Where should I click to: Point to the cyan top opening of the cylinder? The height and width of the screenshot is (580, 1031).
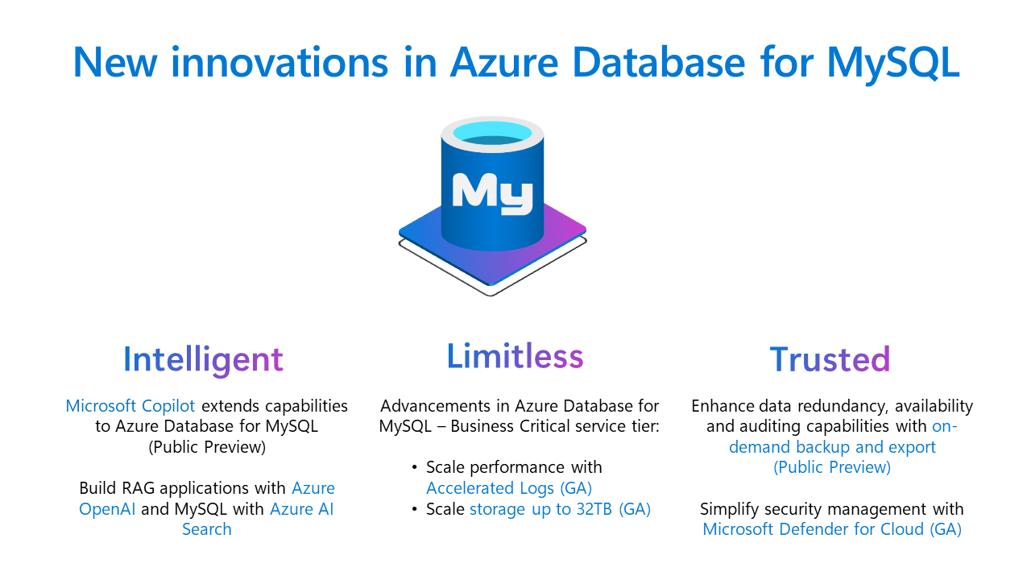point(492,131)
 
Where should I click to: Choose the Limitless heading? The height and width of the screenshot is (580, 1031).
point(515,356)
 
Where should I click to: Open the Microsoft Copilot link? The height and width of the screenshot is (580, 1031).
point(130,405)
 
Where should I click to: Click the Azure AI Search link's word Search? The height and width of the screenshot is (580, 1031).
point(206,529)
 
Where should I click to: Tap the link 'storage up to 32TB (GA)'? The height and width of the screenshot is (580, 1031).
point(560,509)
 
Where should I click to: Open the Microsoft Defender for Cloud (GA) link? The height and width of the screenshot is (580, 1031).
point(832,529)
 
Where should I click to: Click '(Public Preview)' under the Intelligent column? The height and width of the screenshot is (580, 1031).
point(206,446)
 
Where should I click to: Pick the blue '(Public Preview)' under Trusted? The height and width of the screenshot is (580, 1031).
point(832,467)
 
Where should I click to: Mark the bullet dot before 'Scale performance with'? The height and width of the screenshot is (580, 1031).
point(415,468)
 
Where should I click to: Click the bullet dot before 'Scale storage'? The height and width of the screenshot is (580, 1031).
point(415,509)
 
